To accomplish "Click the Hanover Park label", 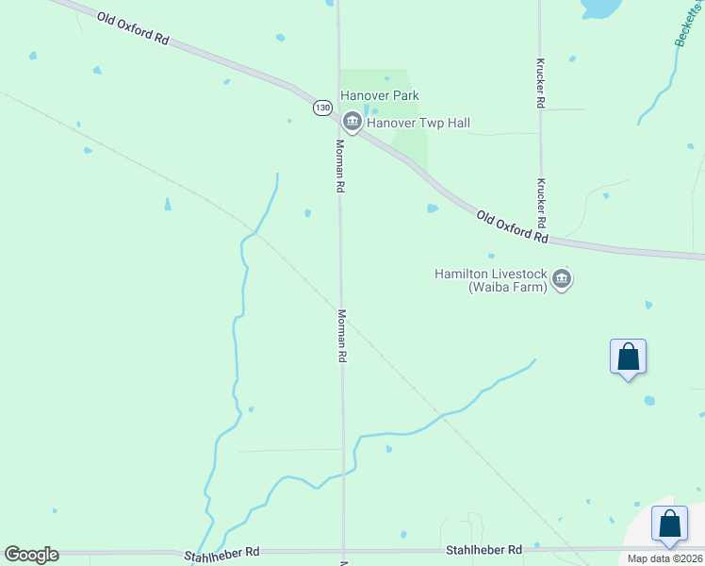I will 380,95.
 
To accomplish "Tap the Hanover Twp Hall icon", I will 352,121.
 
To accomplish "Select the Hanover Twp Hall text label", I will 418,123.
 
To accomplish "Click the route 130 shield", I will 322,108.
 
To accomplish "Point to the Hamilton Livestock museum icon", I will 562,279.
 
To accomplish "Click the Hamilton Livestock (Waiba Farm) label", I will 491,280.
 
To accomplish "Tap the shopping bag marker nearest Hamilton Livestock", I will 628,358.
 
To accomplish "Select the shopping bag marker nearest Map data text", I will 669,524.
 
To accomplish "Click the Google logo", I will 31,555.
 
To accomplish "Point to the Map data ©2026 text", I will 665,558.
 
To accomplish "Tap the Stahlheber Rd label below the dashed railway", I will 484,549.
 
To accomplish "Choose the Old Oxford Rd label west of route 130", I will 133,27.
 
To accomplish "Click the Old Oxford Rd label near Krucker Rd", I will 512,227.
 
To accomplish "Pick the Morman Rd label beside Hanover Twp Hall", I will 340,166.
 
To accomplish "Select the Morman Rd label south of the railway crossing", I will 342,337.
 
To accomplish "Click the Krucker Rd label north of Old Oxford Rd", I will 540,84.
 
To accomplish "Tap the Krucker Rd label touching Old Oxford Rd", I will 541,203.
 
